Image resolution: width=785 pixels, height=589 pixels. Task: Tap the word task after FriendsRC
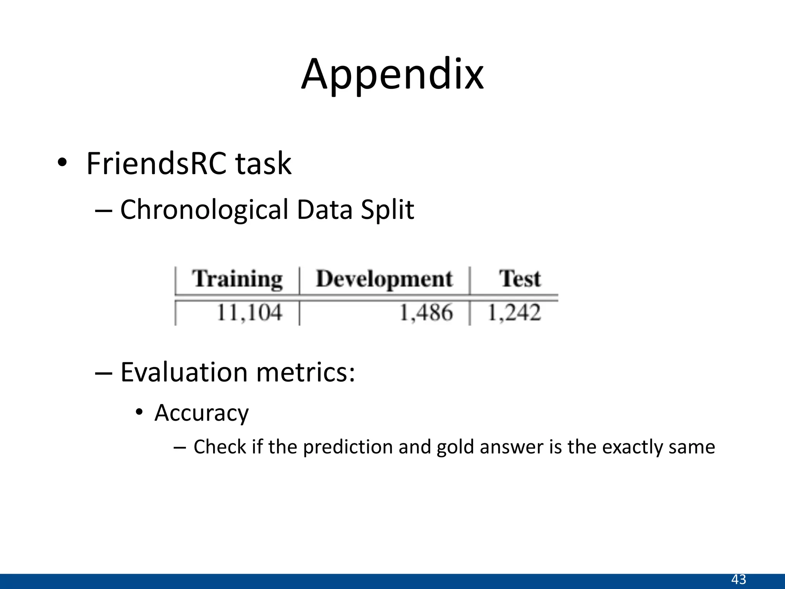(x=263, y=164)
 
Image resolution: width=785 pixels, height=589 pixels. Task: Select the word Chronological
(x=204, y=210)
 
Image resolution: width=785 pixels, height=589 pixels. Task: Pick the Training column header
(x=237, y=279)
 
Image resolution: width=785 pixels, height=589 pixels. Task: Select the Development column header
(x=384, y=279)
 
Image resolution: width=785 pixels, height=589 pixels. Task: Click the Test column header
(x=520, y=279)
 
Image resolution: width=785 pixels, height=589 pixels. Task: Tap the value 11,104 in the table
(x=250, y=312)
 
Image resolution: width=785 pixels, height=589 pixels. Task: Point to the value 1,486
(x=426, y=312)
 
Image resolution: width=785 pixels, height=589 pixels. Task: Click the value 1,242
(x=514, y=312)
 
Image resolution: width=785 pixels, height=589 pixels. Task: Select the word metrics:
(x=305, y=372)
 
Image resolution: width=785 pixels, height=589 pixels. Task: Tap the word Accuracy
(x=202, y=413)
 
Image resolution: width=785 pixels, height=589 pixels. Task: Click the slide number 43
(x=739, y=579)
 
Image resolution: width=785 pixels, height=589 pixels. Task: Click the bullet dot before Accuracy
(x=139, y=413)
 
